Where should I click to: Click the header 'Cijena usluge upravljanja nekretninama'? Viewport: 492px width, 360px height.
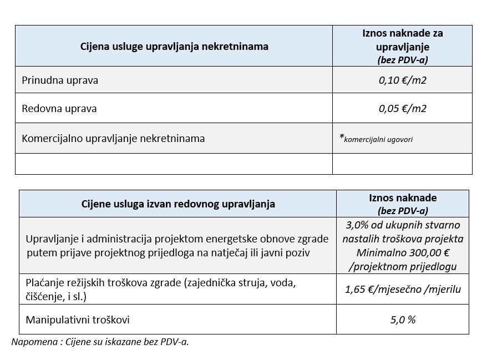point(174,46)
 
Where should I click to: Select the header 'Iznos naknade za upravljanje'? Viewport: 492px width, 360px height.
point(402,40)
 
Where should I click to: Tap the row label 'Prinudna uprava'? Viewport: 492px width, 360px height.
point(60,80)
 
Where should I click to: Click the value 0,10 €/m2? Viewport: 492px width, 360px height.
point(402,80)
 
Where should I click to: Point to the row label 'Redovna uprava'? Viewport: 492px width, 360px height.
point(59,108)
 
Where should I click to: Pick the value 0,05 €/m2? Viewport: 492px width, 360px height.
point(402,108)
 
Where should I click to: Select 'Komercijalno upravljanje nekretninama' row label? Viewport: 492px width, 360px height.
point(113,139)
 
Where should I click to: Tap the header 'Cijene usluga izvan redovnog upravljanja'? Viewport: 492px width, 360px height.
point(178,204)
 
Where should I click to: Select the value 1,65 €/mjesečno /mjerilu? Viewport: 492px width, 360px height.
point(403,289)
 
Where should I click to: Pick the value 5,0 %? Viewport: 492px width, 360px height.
point(403,320)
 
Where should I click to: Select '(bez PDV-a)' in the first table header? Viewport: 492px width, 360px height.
point(402,59)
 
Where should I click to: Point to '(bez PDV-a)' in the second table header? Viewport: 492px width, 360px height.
point(402,210)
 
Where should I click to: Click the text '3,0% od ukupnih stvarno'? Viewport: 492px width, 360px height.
point(403,226)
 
